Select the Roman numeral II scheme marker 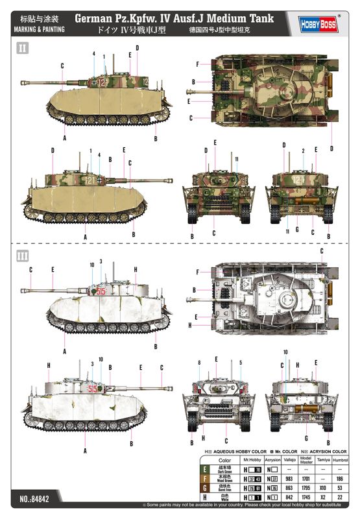23,48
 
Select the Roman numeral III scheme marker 23,256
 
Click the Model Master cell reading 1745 306,497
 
